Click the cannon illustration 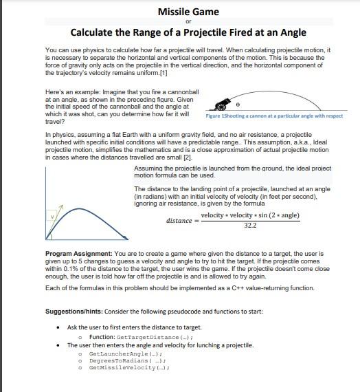coord(222,105)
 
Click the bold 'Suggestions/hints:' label coord(74,312)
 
